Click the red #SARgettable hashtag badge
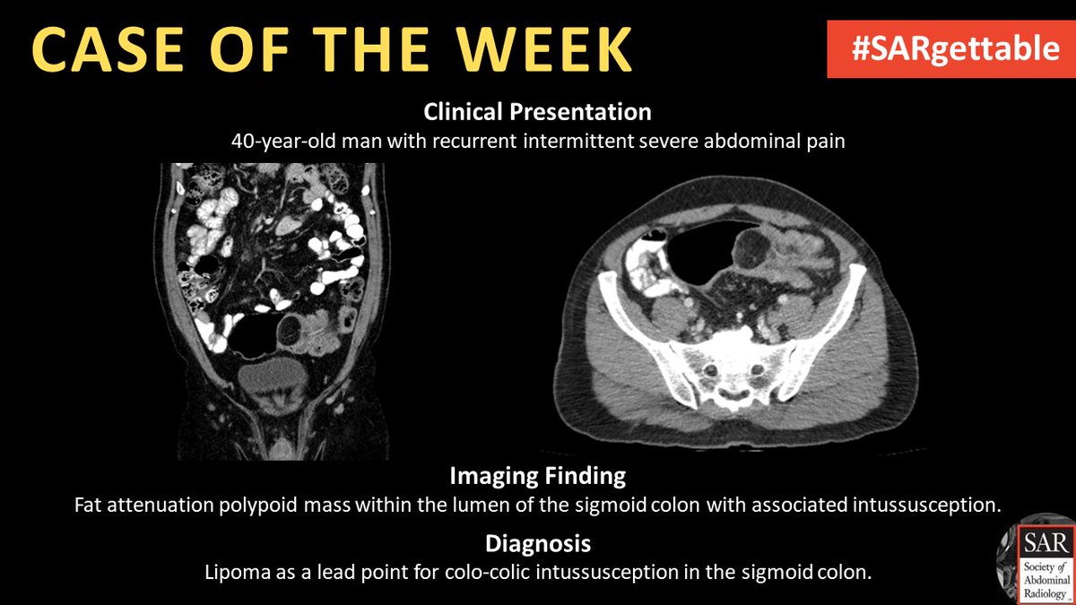950,50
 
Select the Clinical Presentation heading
537,113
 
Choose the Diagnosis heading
537,544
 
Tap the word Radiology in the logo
1040,595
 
